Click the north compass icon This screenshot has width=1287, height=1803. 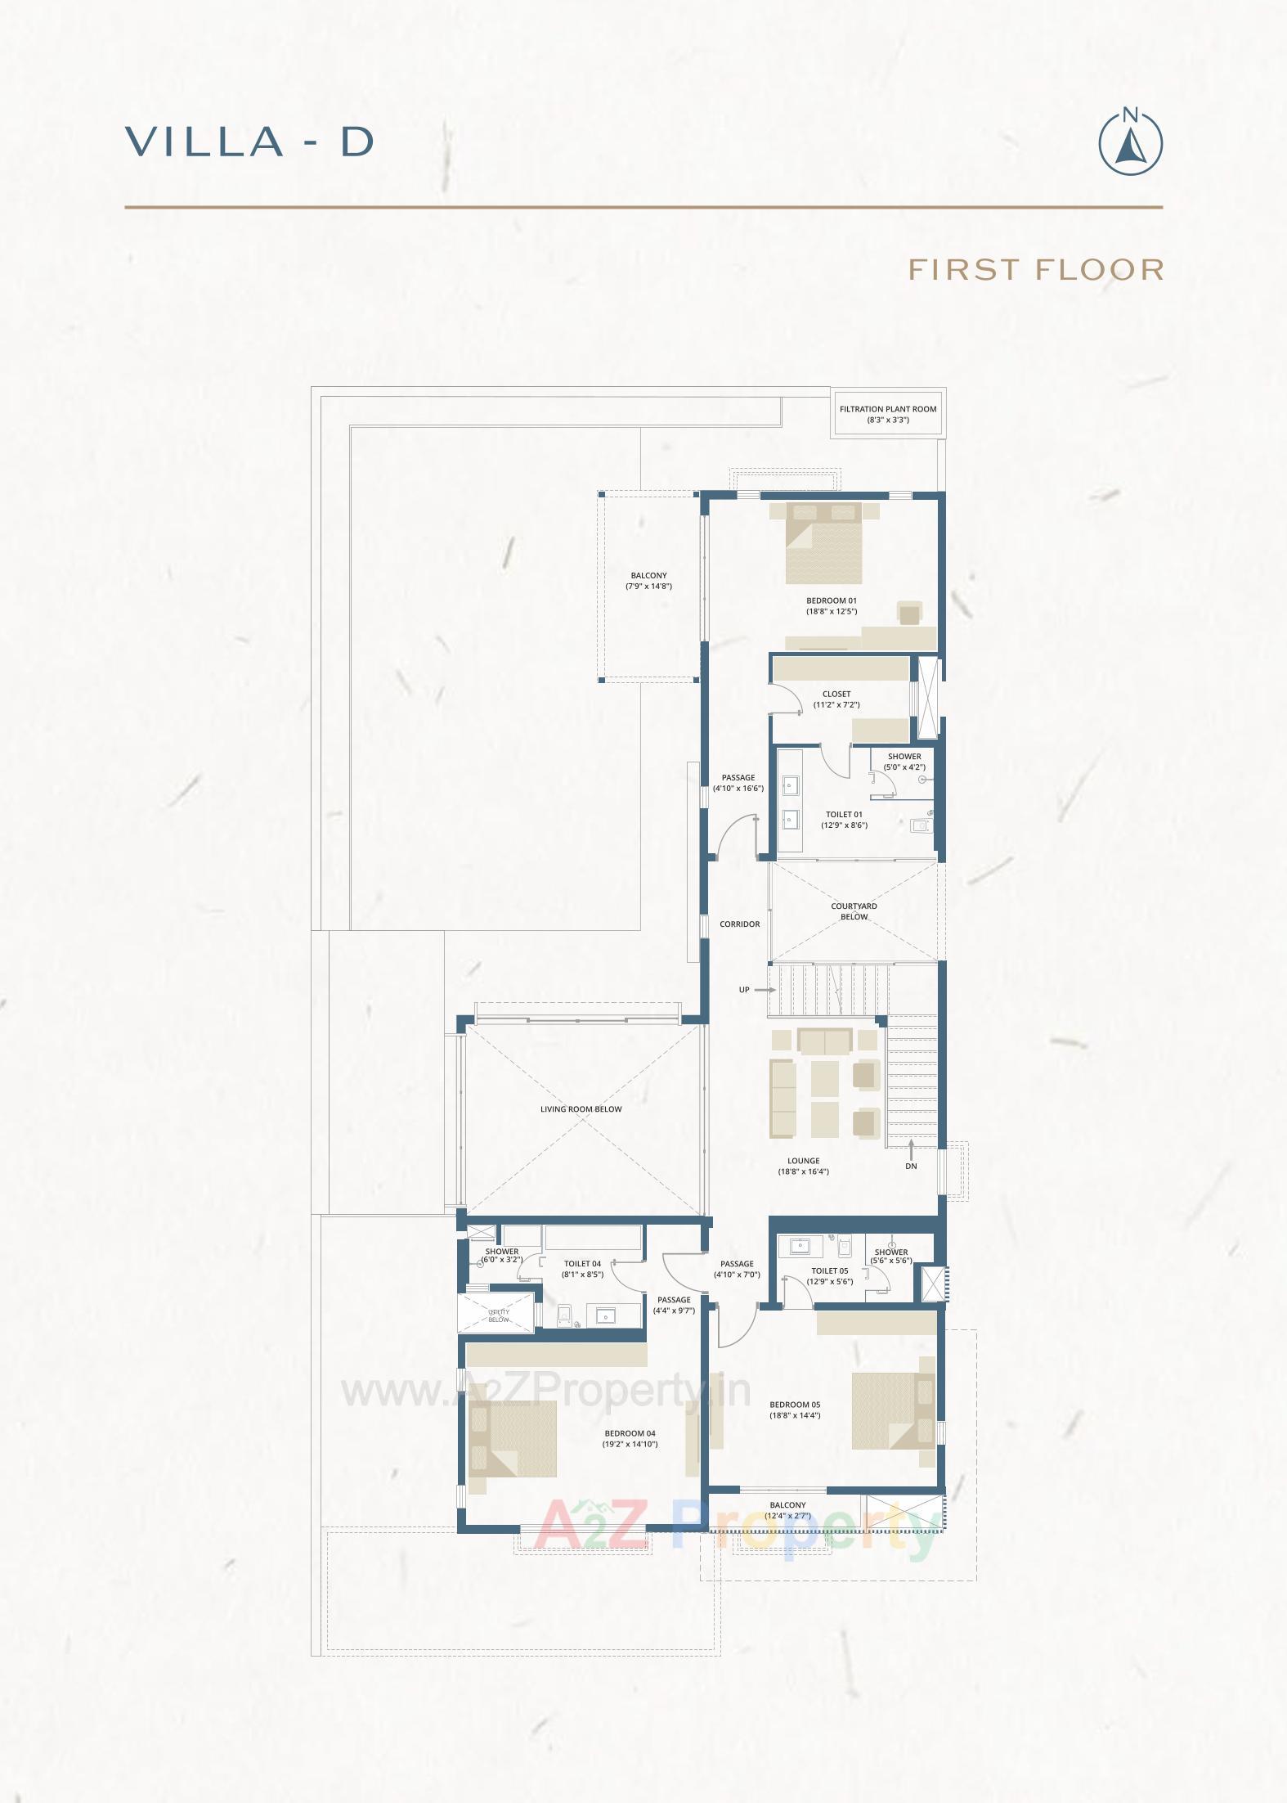(1130, 142)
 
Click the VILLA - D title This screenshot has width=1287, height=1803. (249, 142)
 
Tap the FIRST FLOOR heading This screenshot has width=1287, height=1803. (1036, 269)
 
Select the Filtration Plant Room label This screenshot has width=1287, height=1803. (888, 409)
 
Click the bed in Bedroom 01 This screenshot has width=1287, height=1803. (824, 543)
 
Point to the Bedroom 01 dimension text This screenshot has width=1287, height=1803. (831, 611)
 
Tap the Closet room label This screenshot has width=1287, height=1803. (836, 694)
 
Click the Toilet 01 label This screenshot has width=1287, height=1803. (844, 814)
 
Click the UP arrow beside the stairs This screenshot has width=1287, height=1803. (764, 990)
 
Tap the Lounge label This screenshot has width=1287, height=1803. (803, 1160)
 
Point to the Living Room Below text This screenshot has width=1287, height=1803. (581, 1109)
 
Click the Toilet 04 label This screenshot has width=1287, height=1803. (582, 1264)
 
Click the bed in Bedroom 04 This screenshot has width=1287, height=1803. (513, 1438)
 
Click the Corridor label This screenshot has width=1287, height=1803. (739, 924)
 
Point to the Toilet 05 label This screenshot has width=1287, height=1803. (829, 1270)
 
